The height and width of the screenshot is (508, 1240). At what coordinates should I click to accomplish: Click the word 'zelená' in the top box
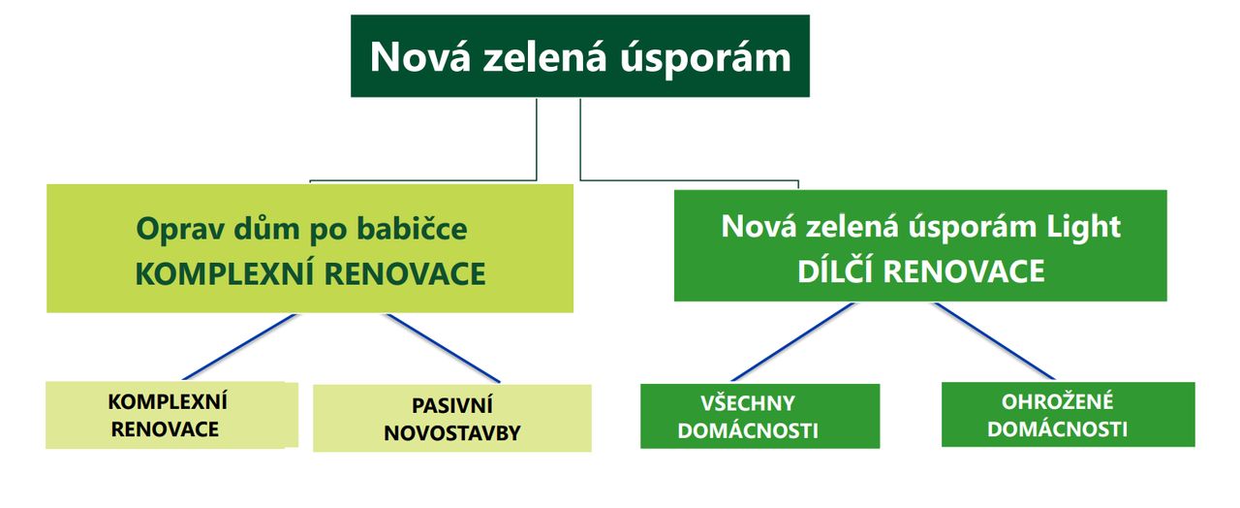coord(544,56)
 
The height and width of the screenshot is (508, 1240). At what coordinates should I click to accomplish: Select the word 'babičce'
coord(412,228)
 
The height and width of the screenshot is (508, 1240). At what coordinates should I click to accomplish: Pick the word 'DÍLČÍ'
coord(834,271)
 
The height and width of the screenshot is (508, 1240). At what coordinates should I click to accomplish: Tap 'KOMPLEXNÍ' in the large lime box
coord(224,274)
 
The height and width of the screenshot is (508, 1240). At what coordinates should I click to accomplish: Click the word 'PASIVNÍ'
coord(451,405)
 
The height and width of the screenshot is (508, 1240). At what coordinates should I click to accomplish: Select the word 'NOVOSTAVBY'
coord(451,433)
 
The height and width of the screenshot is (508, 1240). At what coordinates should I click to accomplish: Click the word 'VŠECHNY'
coord(747,403)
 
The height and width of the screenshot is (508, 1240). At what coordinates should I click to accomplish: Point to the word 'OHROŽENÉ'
coord(1057,401)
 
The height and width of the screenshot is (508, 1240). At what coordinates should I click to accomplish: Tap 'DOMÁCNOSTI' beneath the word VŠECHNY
coord(747,431)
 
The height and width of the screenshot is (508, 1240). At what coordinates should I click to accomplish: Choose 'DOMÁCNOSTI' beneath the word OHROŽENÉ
coord(1057,429)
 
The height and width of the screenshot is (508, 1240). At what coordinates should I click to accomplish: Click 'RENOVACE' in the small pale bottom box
coord(165,429)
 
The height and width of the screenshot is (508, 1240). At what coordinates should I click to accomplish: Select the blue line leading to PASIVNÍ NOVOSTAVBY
coord(444,348)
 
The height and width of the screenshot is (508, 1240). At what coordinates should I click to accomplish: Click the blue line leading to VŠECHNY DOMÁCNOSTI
coord(792,342)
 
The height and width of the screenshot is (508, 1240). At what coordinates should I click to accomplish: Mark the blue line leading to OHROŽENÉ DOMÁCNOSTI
coord(995,341)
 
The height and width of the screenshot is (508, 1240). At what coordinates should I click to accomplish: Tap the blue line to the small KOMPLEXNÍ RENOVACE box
coord(240,347)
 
